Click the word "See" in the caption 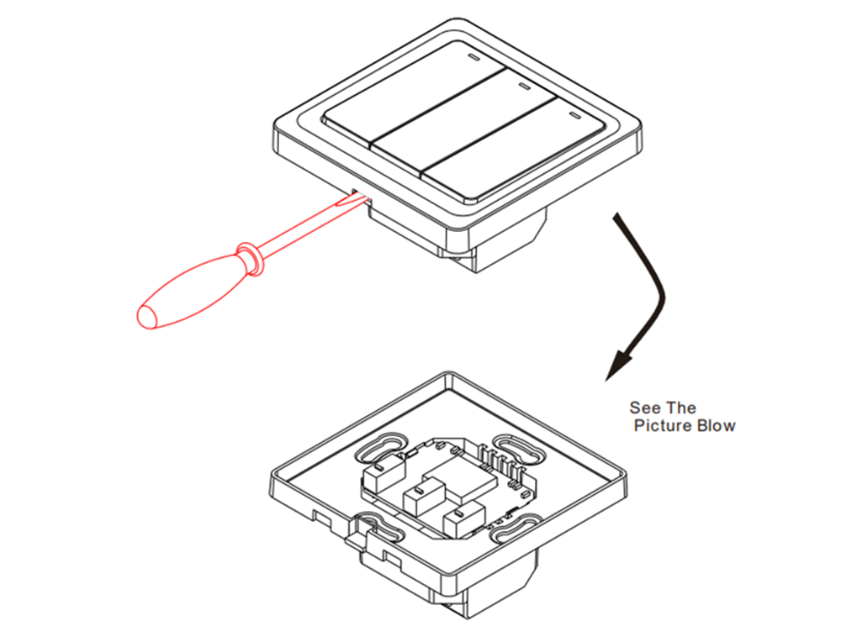coord(645,408)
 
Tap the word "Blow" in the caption coord(716,425)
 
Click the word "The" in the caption coord(681,408)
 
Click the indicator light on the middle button coord(523,87)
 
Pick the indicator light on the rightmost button coord(574,115)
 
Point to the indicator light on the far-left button coord(473,59)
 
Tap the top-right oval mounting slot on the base coord(519,449)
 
